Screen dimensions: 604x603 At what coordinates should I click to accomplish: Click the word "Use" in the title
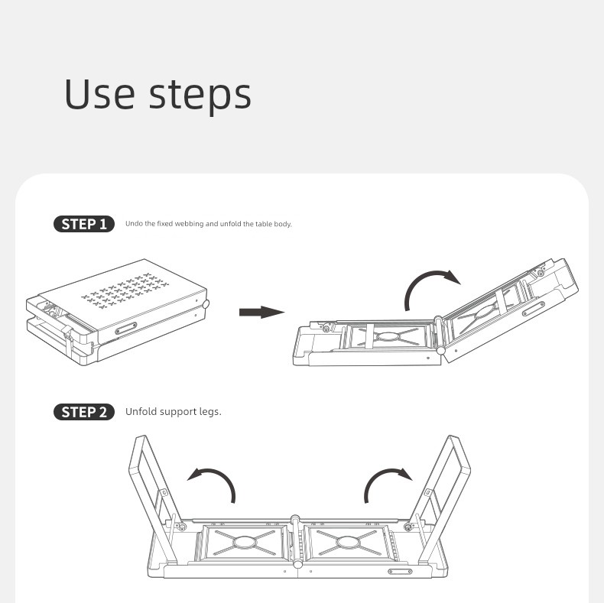point(99,93)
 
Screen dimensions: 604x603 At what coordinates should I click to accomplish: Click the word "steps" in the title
point(200,96)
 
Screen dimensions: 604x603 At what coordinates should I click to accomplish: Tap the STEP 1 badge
point(84,224)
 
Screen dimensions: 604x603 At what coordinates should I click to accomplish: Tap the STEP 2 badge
point(84,412)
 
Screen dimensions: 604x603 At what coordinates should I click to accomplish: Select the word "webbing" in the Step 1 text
point(189,224)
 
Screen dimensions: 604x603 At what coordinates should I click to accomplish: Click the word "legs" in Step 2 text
point(210,412)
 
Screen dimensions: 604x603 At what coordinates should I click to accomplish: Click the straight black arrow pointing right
point(261,312)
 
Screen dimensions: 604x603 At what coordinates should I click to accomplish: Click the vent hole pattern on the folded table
point(125,290)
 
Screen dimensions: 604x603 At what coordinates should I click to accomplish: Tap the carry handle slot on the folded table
point(125,329)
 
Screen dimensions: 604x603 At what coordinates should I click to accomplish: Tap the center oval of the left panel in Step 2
point(244,542)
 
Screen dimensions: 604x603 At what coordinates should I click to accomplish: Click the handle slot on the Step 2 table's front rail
point(400,572)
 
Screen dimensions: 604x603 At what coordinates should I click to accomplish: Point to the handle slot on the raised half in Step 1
point(534,309)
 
